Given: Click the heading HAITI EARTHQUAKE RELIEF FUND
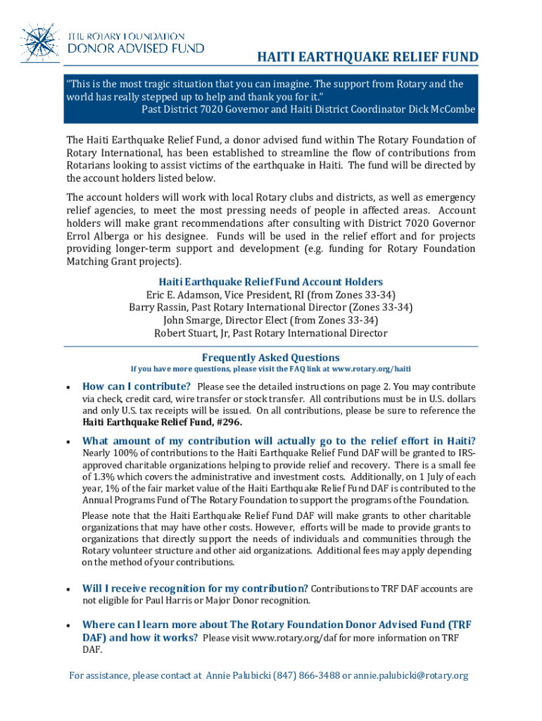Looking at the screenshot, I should (366, 57).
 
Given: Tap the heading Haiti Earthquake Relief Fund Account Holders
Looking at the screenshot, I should (271, 282).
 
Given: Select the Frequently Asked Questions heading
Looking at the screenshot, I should (271, 357).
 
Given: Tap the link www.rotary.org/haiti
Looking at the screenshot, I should (372, 369).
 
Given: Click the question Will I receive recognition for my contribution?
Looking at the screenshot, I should (195, 589).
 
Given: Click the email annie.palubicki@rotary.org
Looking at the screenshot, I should (410, 676).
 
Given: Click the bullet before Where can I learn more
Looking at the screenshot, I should (67, 625).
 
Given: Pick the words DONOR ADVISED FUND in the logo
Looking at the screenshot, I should (136, 48).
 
